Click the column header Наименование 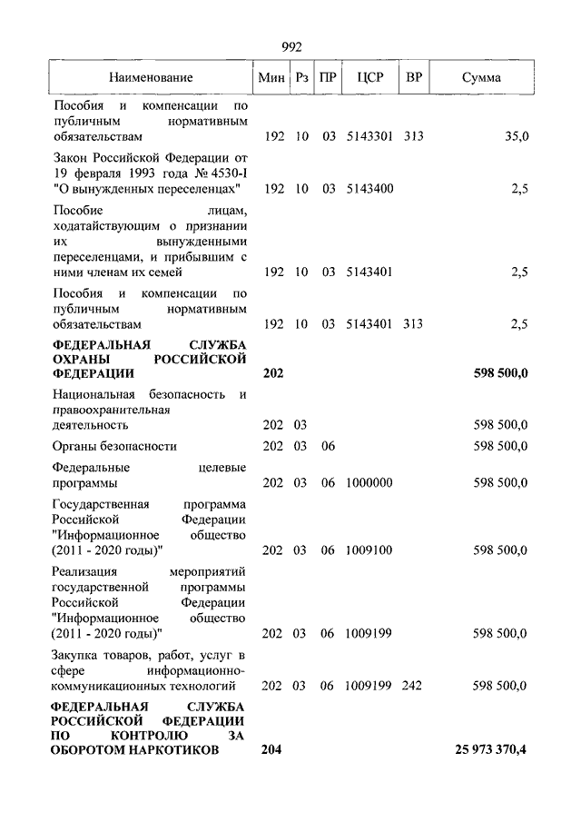coord(152,78)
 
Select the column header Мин coord(271,78)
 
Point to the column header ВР coord(414,78)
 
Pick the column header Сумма coord(481,78)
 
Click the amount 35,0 coord(516,137)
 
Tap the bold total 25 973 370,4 coord(491,749)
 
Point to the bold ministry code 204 coord(271,749)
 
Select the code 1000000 coord(369,482)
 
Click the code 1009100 coord(369,550)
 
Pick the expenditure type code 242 coord(411,686)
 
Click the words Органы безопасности coord(114,446)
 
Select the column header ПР coord(329,78)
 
